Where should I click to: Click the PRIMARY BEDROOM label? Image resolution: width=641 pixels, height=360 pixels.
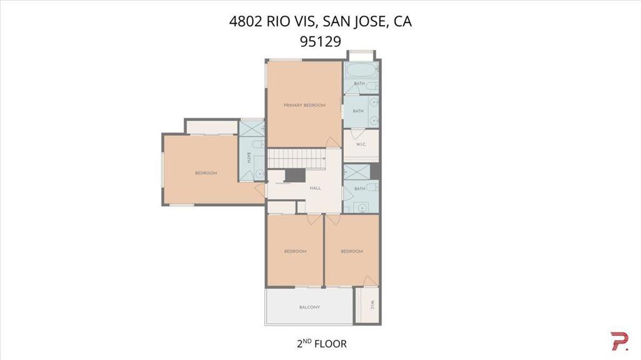(x=305, y=105)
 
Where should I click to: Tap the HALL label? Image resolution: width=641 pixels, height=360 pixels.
(x=315, y=188)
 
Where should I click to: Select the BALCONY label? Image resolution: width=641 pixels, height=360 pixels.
(x=309, y=307)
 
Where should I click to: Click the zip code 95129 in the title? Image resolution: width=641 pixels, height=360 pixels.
(x=320, y=41)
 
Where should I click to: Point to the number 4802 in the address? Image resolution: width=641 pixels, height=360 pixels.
(x=245, y=21)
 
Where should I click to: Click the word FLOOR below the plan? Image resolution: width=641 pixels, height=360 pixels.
(x=331, y=344)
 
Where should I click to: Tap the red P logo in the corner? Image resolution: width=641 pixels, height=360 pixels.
(x=619, y=341)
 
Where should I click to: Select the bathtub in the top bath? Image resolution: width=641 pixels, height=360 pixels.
(x=361, y=70)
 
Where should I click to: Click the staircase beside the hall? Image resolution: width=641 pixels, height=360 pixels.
(x=296, y=158)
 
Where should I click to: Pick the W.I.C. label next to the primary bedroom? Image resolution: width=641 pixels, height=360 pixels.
(x=361, y=145)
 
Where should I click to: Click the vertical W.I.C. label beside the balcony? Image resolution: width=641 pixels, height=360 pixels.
(x=372, y=305)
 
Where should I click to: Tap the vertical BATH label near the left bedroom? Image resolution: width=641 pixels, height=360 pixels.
(x=248, y=158)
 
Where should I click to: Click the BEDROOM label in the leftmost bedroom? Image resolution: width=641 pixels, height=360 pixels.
(x=205, y=173)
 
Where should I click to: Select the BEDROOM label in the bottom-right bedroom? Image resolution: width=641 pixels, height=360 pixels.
(x=352, y=251)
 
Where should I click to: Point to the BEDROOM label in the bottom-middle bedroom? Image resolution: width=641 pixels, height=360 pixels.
(x=295, y=251)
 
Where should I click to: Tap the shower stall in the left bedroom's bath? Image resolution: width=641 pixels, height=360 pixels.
(x=252, y=129)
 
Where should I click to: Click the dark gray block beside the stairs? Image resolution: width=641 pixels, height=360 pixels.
(x=295, y=175)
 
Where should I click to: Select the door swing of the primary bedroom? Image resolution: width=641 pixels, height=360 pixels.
(x=333, y=142)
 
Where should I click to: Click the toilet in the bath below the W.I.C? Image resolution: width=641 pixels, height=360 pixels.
(x=372, y=187)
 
